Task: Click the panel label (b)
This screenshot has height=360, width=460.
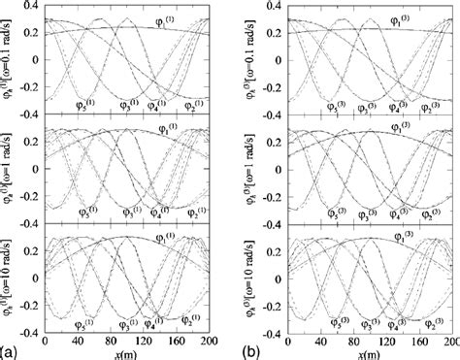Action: tap(242, 351)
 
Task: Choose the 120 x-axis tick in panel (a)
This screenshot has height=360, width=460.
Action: tap(146, 342)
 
